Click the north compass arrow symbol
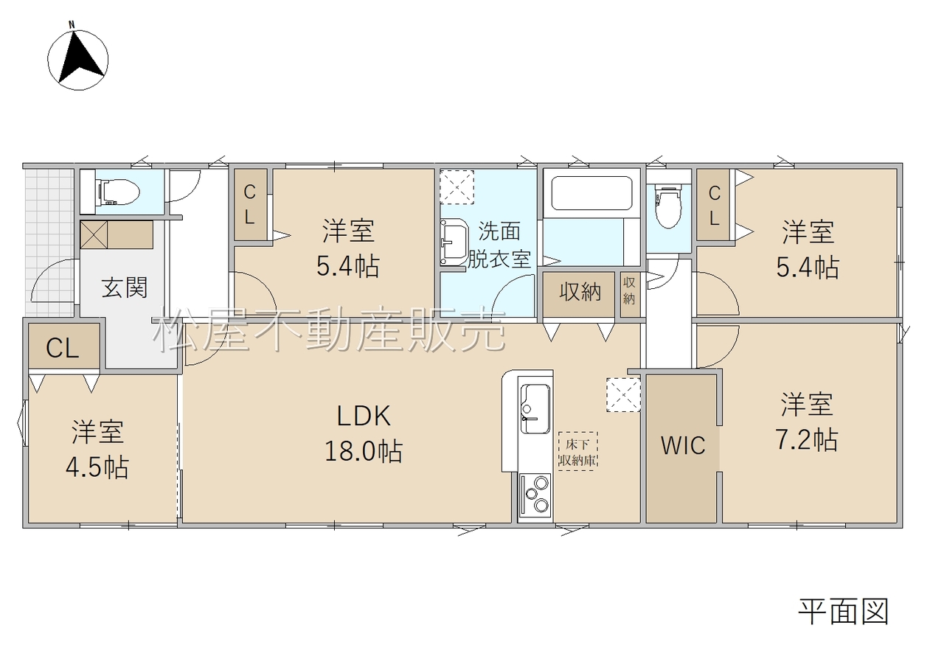[x=78, y=59]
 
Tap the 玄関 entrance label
[x=125, y=287]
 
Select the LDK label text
[x=364, y=416]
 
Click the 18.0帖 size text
[x=364, y=451]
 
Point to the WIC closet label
[x=683, y=445]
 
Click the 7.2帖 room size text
[x=807, y=440]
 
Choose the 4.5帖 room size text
[x=97, y=467]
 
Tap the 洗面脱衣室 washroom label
[x=499, y=245]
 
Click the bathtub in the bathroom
[x=591, y=193]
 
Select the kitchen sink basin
[x=535, y=408]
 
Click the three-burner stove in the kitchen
[x=535, y=499]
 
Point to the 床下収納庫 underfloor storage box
[x=577, y=451]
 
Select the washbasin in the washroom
[x=454, y=242]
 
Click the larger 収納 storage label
[x=580, y=291]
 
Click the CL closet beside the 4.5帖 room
[x=63, y=348]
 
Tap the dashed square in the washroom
[x=457, y=187]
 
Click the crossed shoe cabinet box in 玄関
[x=94, y=235]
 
